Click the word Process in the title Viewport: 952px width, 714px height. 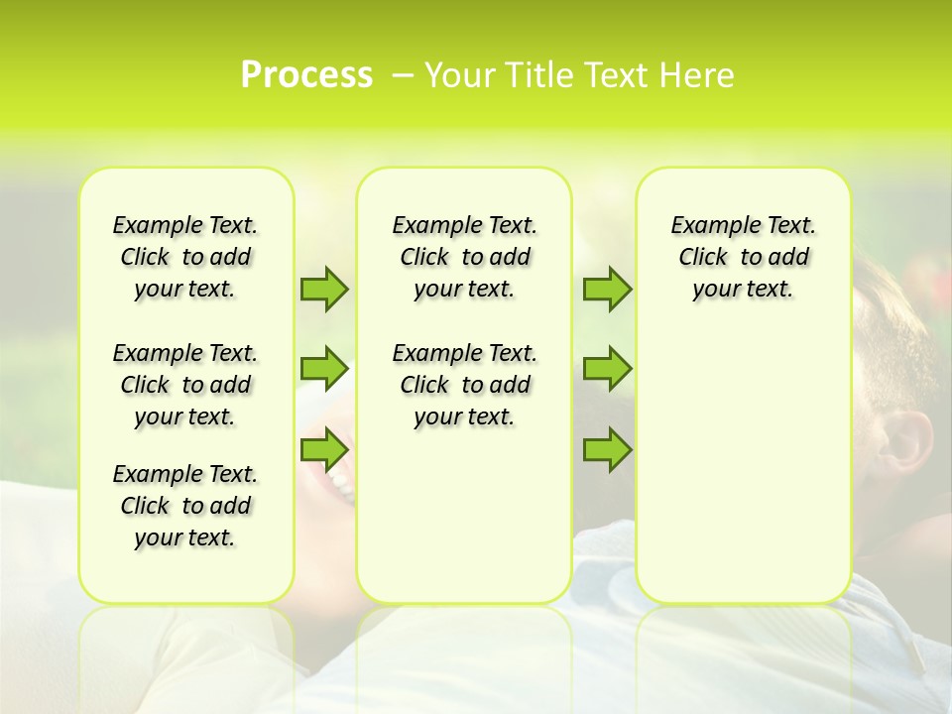[x=306, y=75]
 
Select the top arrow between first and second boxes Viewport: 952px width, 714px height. [x=324, y=289]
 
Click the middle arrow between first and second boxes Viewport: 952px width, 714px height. [x=324, y=369]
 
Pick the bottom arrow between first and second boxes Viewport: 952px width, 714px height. [x=324, y=449]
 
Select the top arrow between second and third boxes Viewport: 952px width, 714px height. [x=607, y=289]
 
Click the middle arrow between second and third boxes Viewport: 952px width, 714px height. [x=607, y=369]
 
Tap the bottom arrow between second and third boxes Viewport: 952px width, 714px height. [x=607, y=449]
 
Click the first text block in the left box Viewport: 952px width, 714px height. [x=185, y=257]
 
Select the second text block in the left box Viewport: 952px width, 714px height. [x=185, y=385]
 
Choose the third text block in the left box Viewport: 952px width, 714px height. [x=185, y=506]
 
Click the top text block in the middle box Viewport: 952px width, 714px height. [x=464, y=257]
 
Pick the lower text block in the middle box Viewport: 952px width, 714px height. [x=464, y=385]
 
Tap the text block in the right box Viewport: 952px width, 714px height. [x=744, y=257]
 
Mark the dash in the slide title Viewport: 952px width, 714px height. [x=403, y=75]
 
